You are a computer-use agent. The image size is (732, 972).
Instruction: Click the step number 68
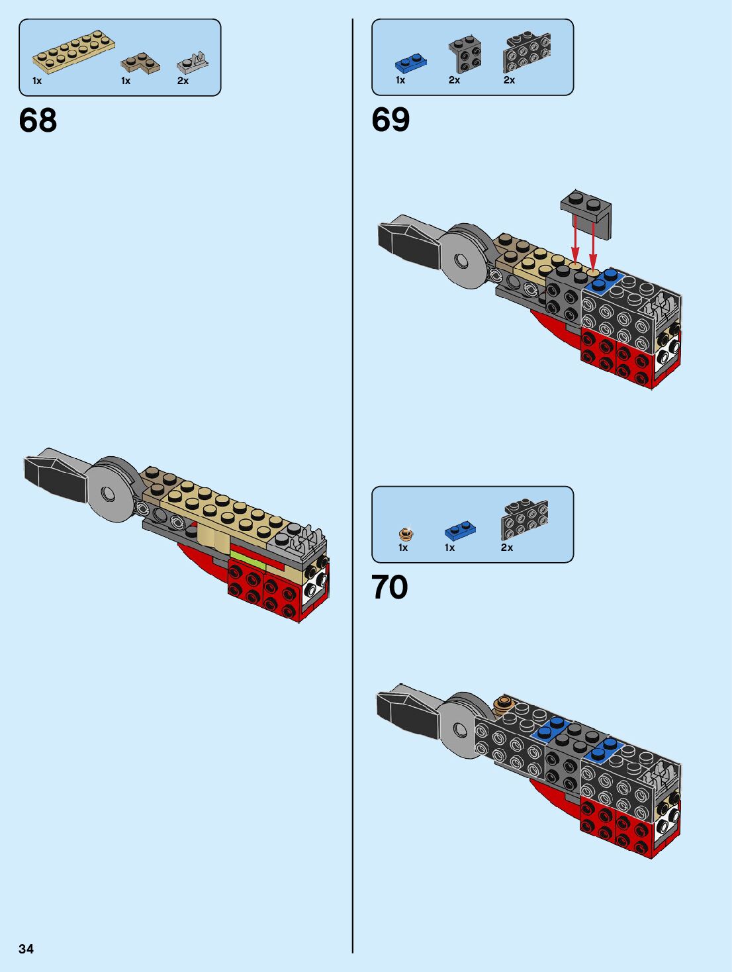pos(38,120)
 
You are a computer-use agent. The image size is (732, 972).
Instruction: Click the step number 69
pos(390,120)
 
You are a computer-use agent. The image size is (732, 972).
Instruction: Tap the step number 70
pos(389,587)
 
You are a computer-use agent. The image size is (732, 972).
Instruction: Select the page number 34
pos(26,948)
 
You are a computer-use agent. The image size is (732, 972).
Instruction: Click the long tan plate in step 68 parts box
pos(73,52)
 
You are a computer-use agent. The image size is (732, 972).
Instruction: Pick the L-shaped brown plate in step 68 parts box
pos(140,64)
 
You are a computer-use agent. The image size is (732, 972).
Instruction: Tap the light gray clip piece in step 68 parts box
pos(193,62)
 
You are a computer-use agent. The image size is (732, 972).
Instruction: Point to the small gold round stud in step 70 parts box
pos(406,534)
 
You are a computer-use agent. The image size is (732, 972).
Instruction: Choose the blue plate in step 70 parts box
pos(461,530)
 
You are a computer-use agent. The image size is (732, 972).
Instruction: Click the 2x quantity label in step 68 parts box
pos(183,81)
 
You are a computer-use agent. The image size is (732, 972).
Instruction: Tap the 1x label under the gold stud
pos(403,548)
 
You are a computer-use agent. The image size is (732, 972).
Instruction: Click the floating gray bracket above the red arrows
pos(586,214)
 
